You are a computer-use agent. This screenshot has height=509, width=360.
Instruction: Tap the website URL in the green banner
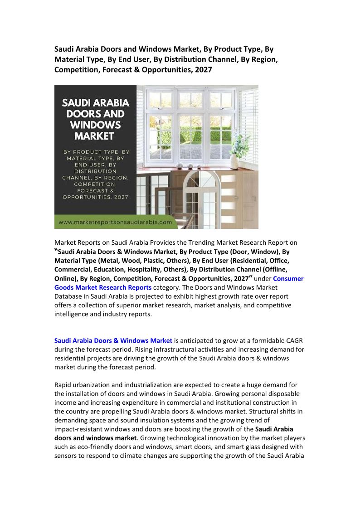(115, 222)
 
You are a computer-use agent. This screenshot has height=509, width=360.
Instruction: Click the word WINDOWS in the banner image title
(95, 124)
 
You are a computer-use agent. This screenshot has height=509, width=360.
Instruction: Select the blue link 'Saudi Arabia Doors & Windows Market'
(113, 340)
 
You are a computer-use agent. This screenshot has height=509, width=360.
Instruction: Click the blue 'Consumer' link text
(288, 278)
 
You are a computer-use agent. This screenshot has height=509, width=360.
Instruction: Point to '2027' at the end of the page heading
(203, 70)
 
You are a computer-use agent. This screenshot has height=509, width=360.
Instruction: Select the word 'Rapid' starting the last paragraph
(63, 385)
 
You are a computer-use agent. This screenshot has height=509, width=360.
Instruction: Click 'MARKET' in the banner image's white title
(95, 136)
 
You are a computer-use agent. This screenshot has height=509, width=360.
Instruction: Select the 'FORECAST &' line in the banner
(95, 191)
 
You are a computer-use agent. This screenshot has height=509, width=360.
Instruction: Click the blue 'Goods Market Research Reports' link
(103, 287)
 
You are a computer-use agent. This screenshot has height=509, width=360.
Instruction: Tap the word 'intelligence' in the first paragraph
(72, 314)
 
